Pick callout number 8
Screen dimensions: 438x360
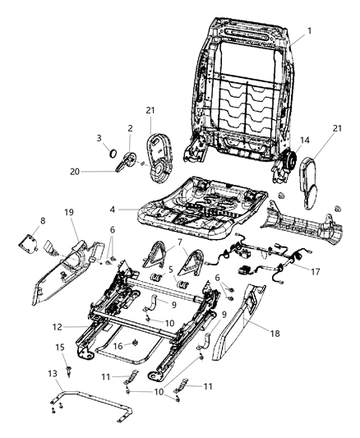(43, 221)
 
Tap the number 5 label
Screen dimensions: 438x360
(170, 268)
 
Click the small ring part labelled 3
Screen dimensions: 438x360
(109, 153)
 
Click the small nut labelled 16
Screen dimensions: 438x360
(136, 343)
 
